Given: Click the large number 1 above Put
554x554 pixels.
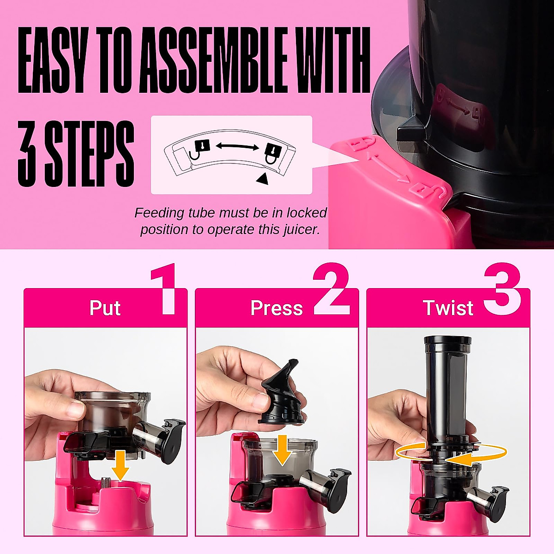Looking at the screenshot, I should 164,289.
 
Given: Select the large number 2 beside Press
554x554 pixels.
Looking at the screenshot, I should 331,289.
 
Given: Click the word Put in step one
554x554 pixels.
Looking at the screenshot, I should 105,308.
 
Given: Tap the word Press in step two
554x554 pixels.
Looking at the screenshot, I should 276,308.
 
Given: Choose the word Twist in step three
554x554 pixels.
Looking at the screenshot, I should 448,308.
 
